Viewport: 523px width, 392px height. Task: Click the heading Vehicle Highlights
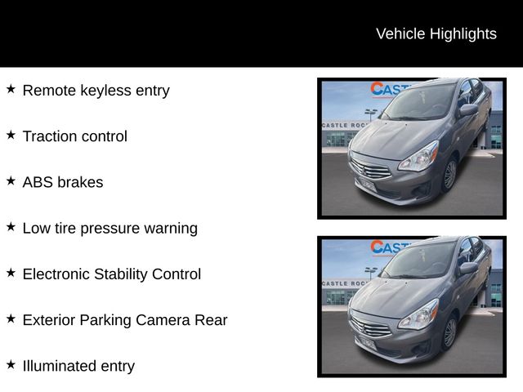(x=436, y=34)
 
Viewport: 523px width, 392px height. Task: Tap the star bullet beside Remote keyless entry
(x=11, y=89)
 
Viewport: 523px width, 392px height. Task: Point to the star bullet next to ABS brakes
(x=11, y=181)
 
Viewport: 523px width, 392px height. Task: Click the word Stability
(x=121, y=274)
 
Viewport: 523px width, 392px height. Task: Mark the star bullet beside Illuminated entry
(x=11, y=365)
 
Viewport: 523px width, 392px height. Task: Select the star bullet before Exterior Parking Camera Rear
(x=11, y=318)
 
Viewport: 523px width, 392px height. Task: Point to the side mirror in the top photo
(x=468, y=109)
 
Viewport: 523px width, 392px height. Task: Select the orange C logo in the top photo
(x=378, y=89)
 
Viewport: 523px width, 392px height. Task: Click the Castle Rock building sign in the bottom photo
(x=344, y=283)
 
